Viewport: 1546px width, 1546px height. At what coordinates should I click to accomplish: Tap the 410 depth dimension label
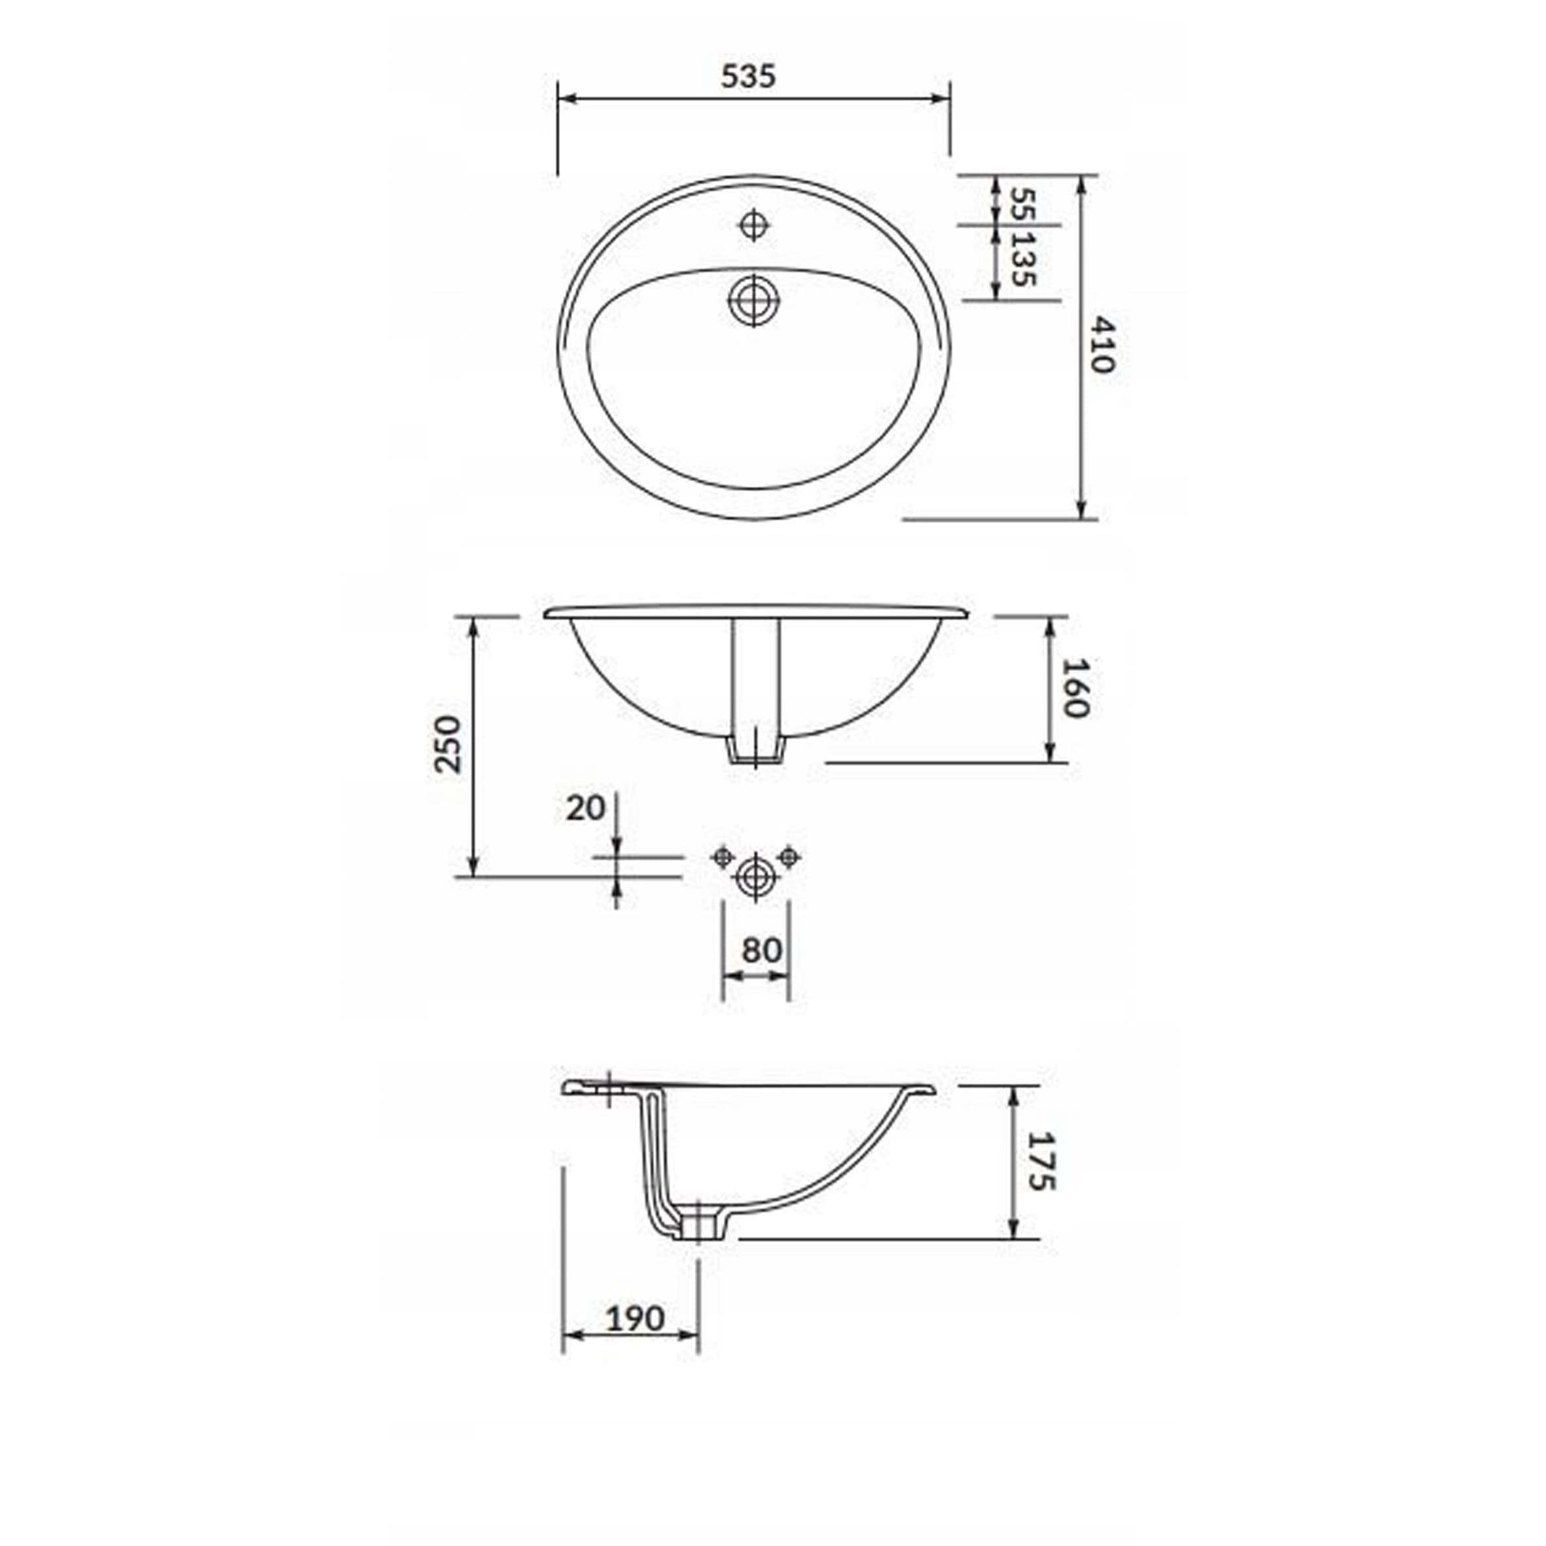click(x=1102, y=345)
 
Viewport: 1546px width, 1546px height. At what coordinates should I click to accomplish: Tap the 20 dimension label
click(x=585, y=808)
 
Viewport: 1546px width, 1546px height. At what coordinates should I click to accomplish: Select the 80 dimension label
click(x=761, y=950)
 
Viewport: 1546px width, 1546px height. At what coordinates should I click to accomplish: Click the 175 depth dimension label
click(x=1042, y=1161)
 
